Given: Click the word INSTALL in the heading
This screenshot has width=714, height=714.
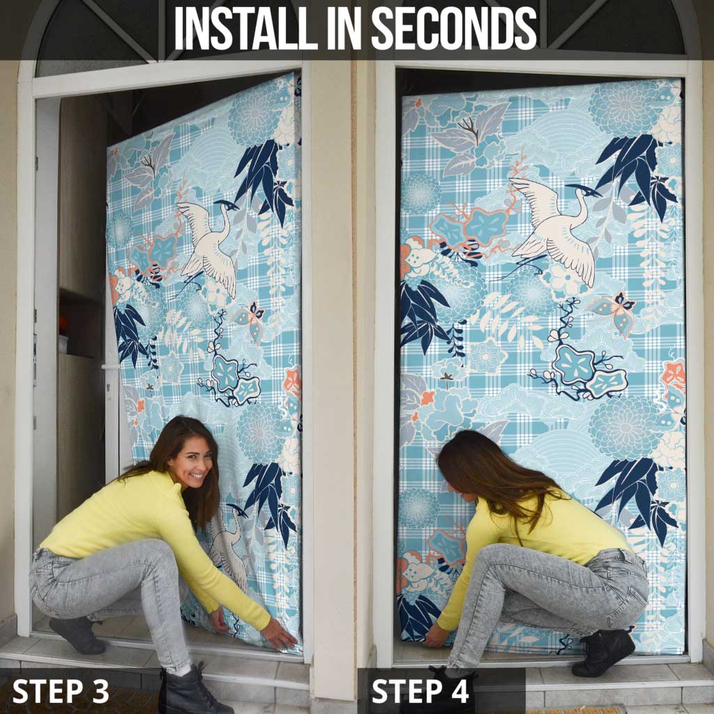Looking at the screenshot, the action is pos(246,28).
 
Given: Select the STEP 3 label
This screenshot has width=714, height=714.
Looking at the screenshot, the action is pos(61,691).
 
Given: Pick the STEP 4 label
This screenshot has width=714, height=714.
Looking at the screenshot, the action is pos(420,691).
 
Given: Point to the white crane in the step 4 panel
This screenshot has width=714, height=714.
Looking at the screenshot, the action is pos(553,228).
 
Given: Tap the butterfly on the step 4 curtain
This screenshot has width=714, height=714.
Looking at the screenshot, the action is pos(614,312).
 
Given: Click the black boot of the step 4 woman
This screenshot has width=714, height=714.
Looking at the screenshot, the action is pos(603,652).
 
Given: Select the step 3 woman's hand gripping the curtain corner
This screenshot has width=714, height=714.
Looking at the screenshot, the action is pos(279,634).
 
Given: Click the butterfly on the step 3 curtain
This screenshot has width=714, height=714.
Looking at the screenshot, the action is pos(250,321).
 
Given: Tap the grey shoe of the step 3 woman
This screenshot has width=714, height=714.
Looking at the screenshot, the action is pos(77,635).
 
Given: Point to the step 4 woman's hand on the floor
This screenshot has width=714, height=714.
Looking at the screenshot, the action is pos(436,636).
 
